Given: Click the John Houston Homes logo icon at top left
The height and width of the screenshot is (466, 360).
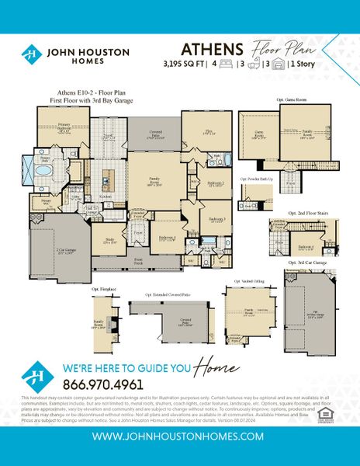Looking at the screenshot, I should coord(32,55).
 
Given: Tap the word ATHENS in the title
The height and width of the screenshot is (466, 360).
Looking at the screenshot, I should coord(203,48).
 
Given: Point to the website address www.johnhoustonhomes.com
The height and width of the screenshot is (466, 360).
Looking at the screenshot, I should coord(179,437).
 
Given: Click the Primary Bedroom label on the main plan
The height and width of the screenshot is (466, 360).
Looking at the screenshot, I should coord(53,130).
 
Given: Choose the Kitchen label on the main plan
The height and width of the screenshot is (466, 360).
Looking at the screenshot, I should coord(106,196).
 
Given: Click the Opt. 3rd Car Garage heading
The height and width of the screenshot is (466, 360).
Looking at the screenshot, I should coord(303,265).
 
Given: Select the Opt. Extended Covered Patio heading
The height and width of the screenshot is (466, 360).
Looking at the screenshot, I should coord(167,295).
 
